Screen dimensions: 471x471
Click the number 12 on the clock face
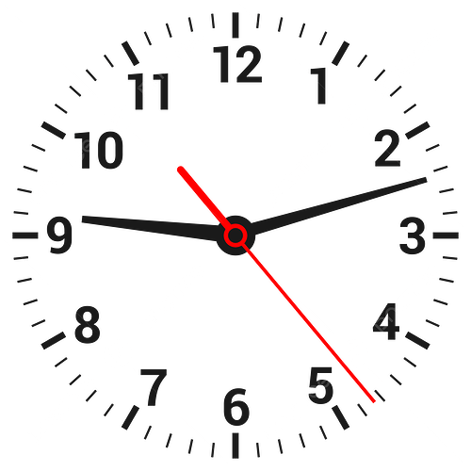[x=237, y=64]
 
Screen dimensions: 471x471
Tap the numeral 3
[x=413, y=235]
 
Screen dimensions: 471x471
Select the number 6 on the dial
[x=236, y=407]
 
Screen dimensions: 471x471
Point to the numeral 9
[x=59, y=235]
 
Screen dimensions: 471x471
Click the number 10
[x=98, y=150]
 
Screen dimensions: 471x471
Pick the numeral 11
[x=148, y=91]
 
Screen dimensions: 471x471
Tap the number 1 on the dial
[x=318, y=86]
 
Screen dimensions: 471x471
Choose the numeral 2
[x=387, y=148]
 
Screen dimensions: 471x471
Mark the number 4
[x=386, y=321]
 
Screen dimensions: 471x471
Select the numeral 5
[x=320, y=385]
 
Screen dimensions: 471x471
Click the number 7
[x=154, y=387]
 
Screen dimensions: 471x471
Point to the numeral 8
[x=88, y=324]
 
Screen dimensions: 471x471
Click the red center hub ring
[x=235, y=235]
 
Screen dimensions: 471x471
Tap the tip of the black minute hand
[x=426, y=179]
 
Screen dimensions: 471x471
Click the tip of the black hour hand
[x=83, y=219]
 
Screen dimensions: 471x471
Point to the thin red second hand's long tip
[x=374, y=401]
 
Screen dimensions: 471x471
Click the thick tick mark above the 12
[x=235, y=25]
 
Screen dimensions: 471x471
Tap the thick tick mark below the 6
[x=235, y=446]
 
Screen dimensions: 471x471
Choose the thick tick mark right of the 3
[x=446, y=235]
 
